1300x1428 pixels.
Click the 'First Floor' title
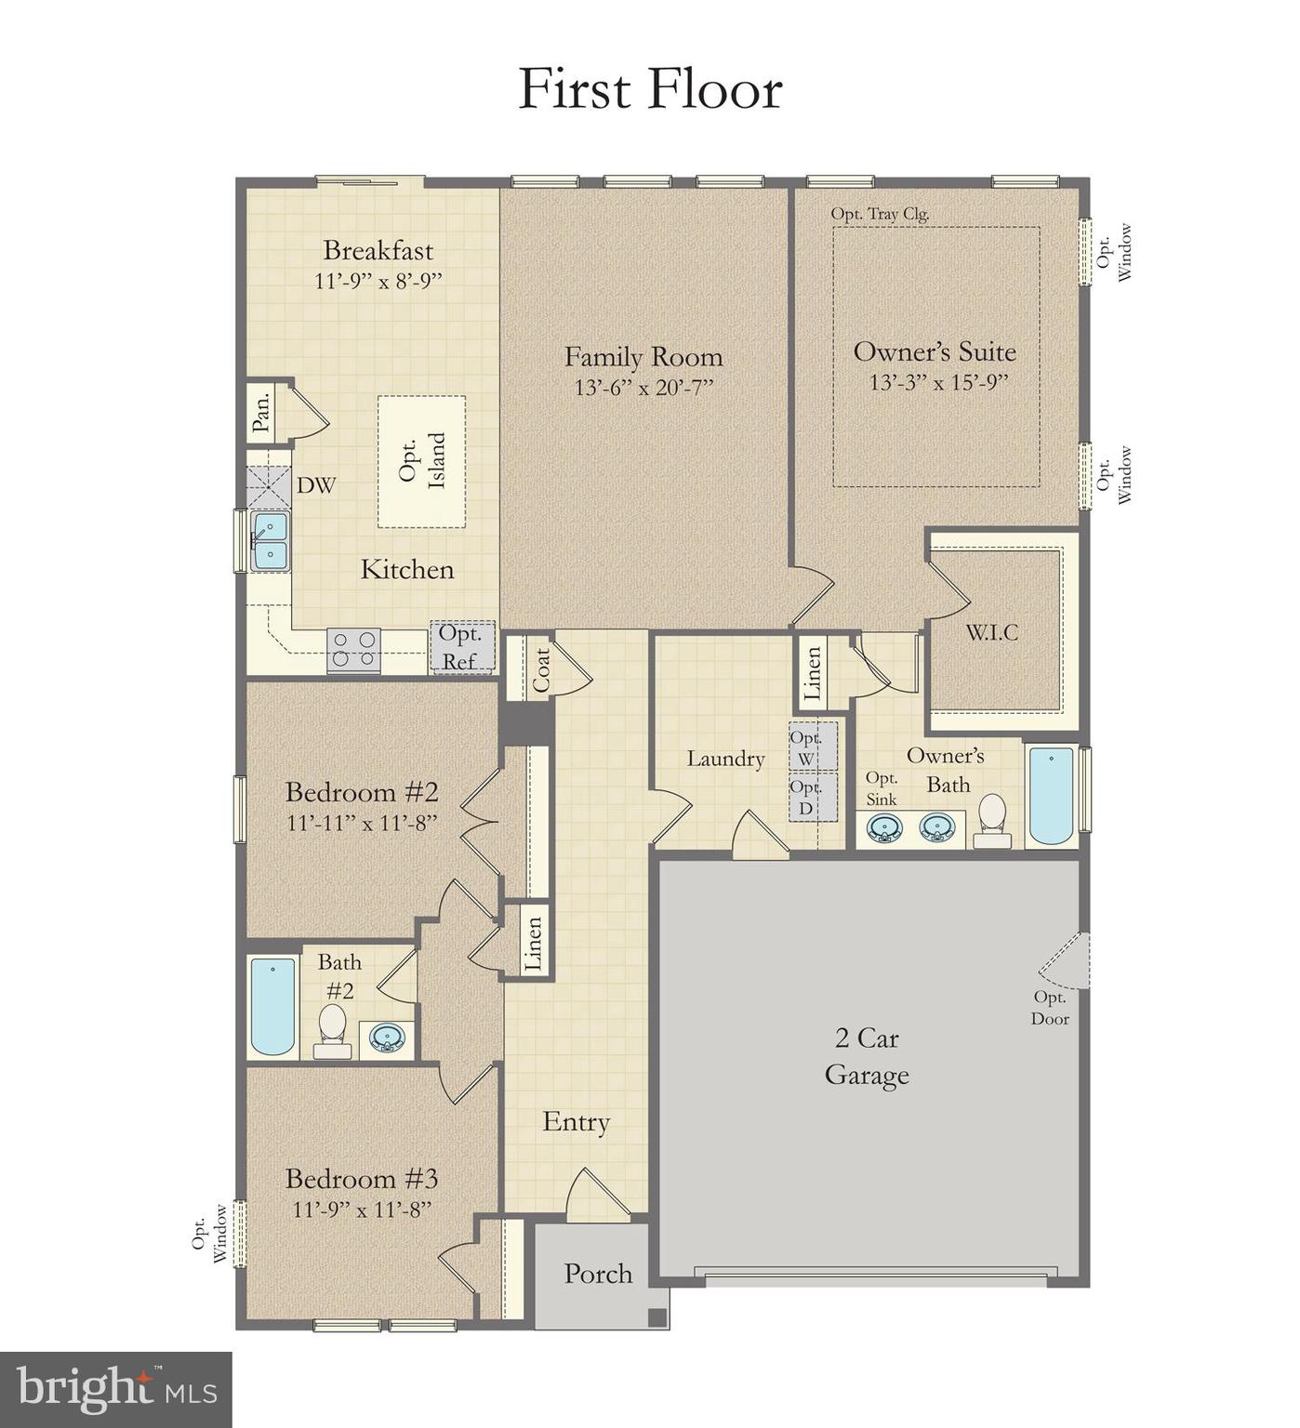coord(649,89)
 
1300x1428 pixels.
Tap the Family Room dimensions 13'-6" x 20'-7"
coord(643,388)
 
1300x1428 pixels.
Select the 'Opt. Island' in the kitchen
coord(421,461)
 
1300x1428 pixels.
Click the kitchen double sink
coord(270,542)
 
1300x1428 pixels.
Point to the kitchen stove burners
coord(354,649)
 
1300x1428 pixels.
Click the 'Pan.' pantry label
coord(262,410)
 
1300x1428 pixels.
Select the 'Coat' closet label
coord(541,669)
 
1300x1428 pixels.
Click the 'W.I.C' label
coord(991,633)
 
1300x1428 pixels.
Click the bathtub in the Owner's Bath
coord(1051,796)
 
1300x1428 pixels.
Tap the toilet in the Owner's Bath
coord(993,821)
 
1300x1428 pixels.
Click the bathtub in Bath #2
coord(272,1007)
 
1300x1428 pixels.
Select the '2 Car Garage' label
coord(866,1056)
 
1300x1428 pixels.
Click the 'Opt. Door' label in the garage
coord(1049,1008)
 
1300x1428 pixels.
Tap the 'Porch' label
coord(597,1274)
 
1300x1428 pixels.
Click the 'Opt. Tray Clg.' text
coord(880,214)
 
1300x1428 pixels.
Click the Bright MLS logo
coord(116,1390)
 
